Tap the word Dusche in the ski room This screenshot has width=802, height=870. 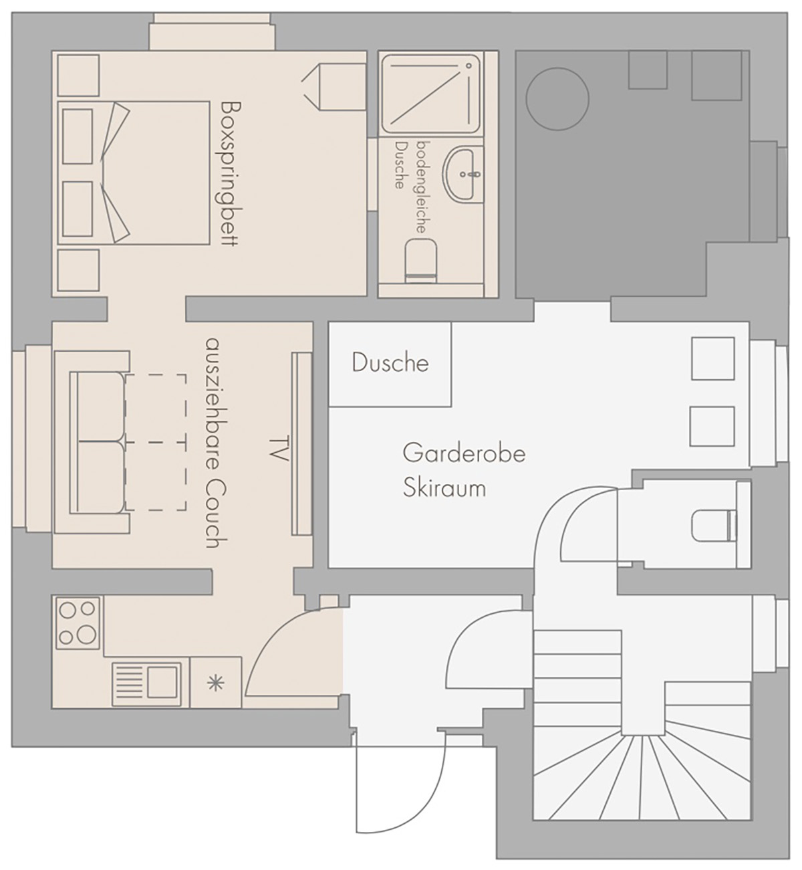(x=390, y=362)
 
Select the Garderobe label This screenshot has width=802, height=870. (x=464, y=453)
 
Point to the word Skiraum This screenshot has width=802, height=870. (x=444, y=487)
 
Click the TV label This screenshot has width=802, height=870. (x=279, y=448)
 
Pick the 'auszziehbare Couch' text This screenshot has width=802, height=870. (x=216, y=443)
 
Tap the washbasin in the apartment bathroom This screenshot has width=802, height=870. (x=464, y=174)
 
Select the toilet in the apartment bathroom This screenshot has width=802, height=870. (x=421, y=261)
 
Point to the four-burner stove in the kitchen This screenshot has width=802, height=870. (x=78, y=623)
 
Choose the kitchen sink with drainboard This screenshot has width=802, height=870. (x=146, y=683)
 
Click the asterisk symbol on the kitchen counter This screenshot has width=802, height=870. (x=215, y=683)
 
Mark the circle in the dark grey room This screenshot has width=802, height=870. (x=557, y=99)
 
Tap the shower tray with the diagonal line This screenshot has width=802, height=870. (x=430, y=94)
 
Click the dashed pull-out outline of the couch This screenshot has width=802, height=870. (x=156, y=443)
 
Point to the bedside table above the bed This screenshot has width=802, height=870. (x=78, y=75)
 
